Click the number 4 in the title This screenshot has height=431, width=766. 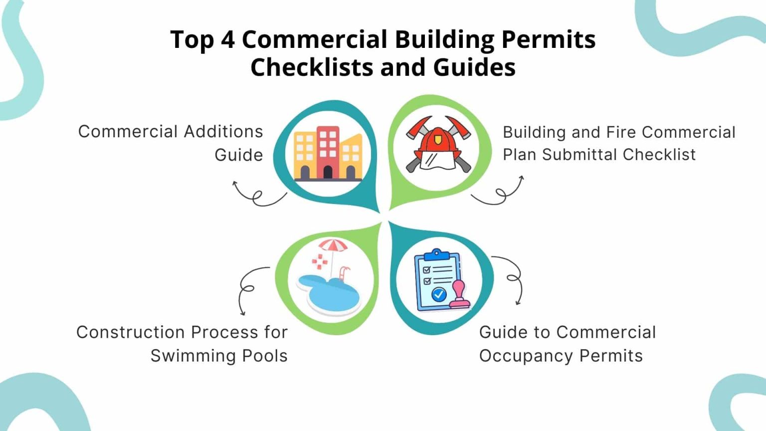[x=228, y=39]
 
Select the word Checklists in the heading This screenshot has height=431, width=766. [x=312, y=67]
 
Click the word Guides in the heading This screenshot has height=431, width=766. [x=474, y=67]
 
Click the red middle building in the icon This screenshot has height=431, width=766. [x=328, y=152]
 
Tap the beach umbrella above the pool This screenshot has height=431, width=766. [x=333, y=253]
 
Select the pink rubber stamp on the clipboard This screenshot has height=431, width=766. [x=459, y=295]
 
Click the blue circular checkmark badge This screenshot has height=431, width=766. [x=439, y=294]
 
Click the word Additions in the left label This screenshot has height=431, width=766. [x=223, y=132]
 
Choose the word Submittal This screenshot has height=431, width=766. [x=580, y=155]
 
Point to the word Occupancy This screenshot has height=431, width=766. [x=527, y=357]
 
